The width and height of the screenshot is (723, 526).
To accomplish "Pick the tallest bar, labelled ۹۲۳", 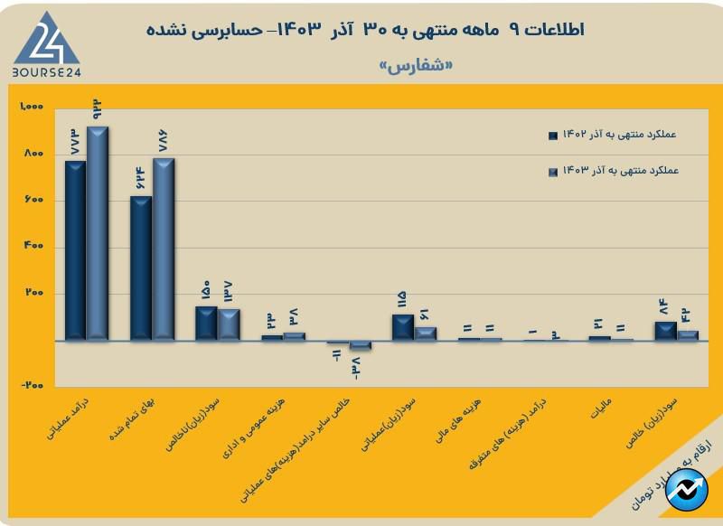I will pyautogui.click(x=97, y=233).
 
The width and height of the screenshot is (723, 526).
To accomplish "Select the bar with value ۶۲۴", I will pyautogui.click(x=141, y=268).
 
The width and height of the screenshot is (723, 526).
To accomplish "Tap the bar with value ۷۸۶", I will pyautogui.click(x=164, y=249).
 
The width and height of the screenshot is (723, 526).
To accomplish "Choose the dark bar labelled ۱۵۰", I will pyautogui.click(x=206, y=324).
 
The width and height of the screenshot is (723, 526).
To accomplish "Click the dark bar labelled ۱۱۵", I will pyautogui.click(x=403, y=327).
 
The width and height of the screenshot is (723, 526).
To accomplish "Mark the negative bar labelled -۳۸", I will pyautogui.click(x=360, y=344).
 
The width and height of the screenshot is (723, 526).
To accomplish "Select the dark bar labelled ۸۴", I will pyautogui.click(x=665, y=331).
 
